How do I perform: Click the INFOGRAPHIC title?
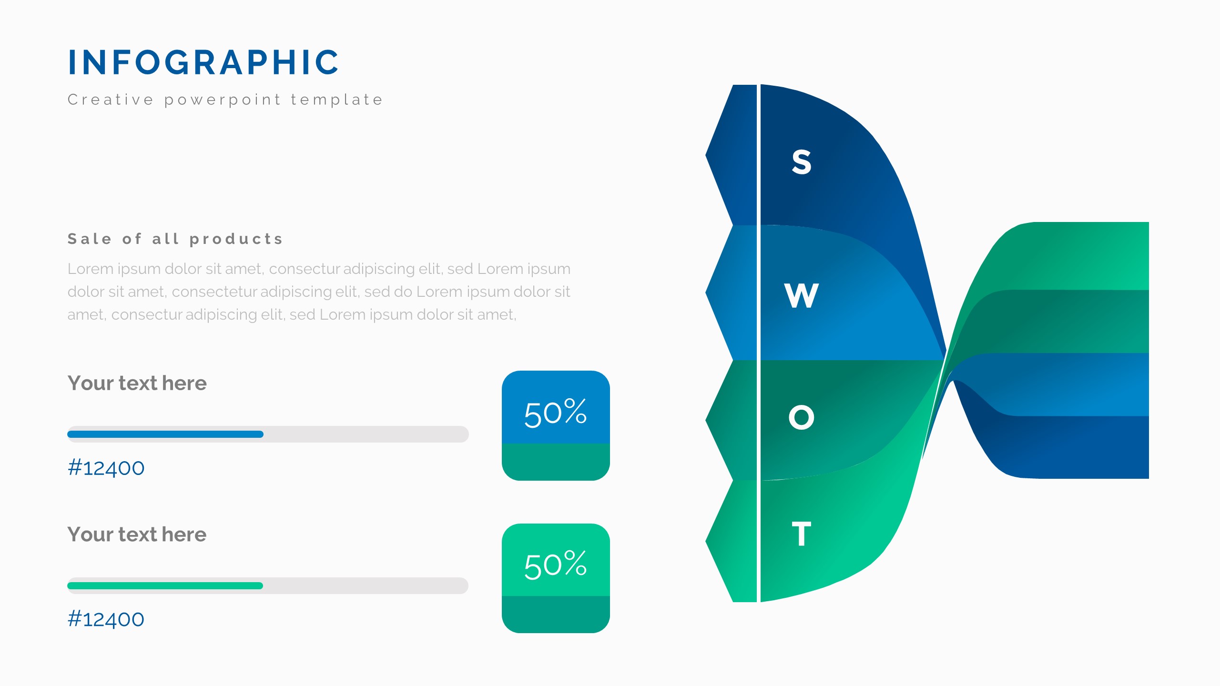pyautogui.click(x=203, y=62)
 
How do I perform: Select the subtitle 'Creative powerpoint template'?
pyautogui.click(x=225, y=100)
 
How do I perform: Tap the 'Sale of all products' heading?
pyautogui.click(x=175, y=239)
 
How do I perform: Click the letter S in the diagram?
pyautogui.click(x=802, y=162)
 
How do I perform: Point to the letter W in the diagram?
pyautogui.click(x=802, y=295)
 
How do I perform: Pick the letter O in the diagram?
pyautogui.click(x=802, y=417)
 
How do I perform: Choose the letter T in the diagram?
pyautogui.click(x=802, y=534)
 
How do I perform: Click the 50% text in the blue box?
pyautogui.click(x=556, y=413)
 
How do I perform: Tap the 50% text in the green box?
pyautogui.click(x=556, y=565)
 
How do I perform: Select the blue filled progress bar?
pyautogui.click(x=165, y=434)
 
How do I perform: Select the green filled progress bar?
pyautogui.click(x=165, y=585)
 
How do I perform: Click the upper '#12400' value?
pyautogui.click(x=106, y=468)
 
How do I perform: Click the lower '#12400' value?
pyautogui.click(x=106, y=619)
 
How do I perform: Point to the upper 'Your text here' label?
pyautogui.click(x=137, y=383)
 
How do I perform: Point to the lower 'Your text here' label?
pyautogui.click(x=137, y=535)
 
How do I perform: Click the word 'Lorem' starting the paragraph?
pyautogui.click(x=91, y=269)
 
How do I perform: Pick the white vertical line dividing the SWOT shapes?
pyautogui.click(x=759, y=343)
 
